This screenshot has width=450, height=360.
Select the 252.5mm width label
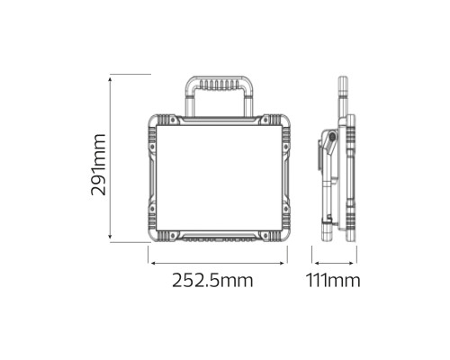pos(212,280)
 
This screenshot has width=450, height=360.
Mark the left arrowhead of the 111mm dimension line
pos(315,263)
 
